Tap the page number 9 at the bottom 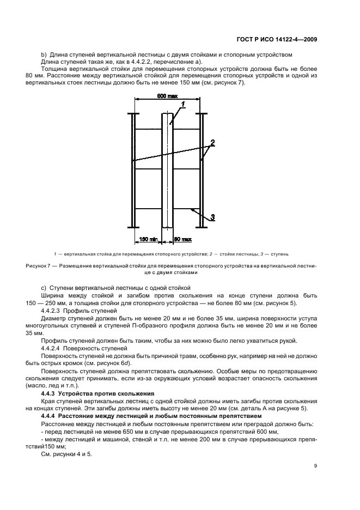(x=316, y=466)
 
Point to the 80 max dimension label (x=182, y=239)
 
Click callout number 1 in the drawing (x=184, y=104)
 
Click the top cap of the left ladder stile (x=132, y=114)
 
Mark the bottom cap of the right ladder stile (x=202, y=227)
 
